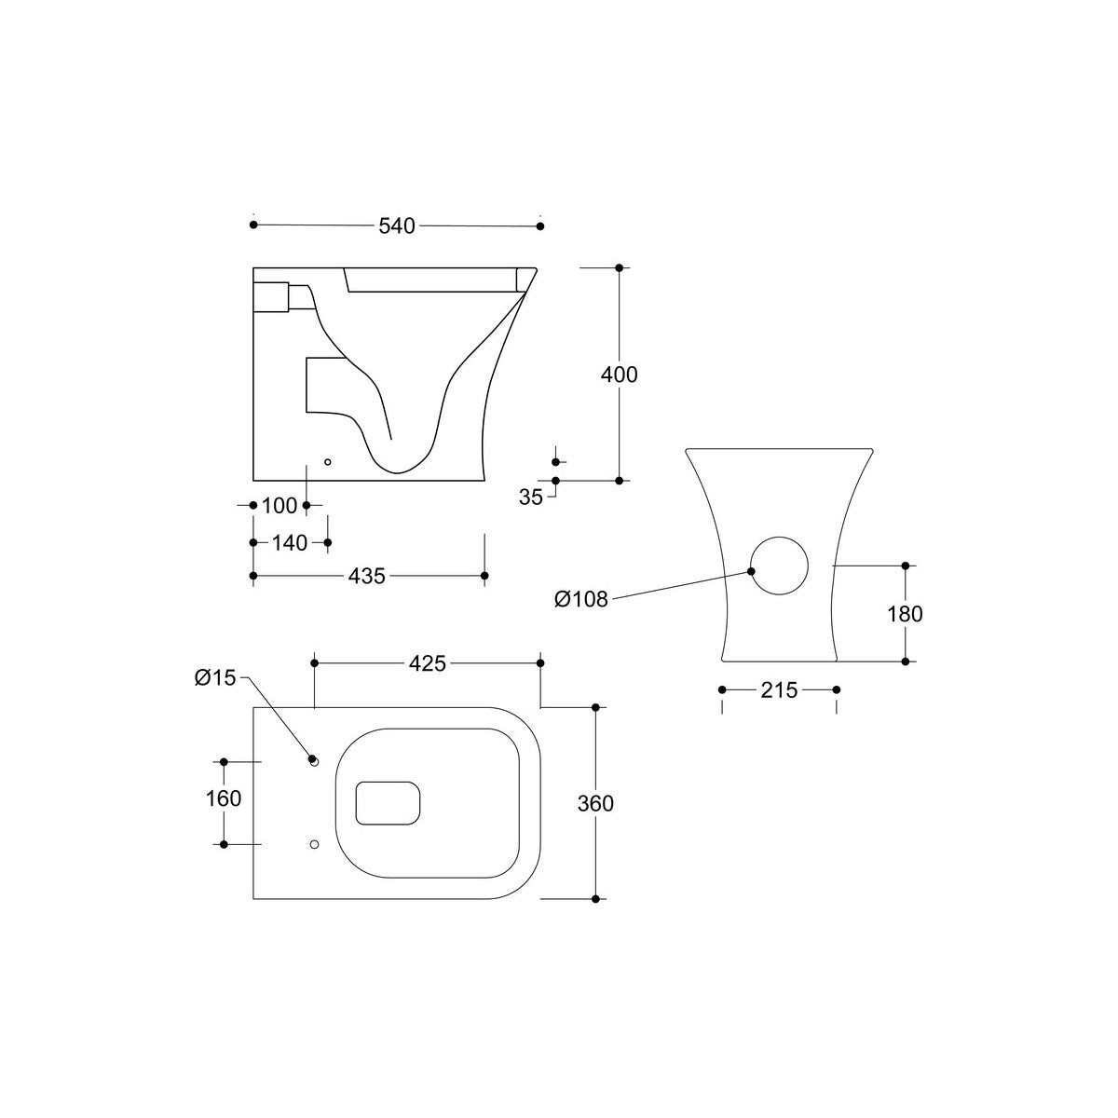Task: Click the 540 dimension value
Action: tap(397, 225)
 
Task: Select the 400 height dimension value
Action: tap(619, 375)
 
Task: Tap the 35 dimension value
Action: tap(531, 498)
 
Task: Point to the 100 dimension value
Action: tap(279, 506)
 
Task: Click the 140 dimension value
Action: tap(290, 543)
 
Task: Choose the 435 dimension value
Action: tap(367, 576)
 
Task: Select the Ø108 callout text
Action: tap(580, 599)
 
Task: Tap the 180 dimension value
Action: tap(905, 614)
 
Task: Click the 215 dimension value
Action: tap(779, 690)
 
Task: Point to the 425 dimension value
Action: tap(428, 663)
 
